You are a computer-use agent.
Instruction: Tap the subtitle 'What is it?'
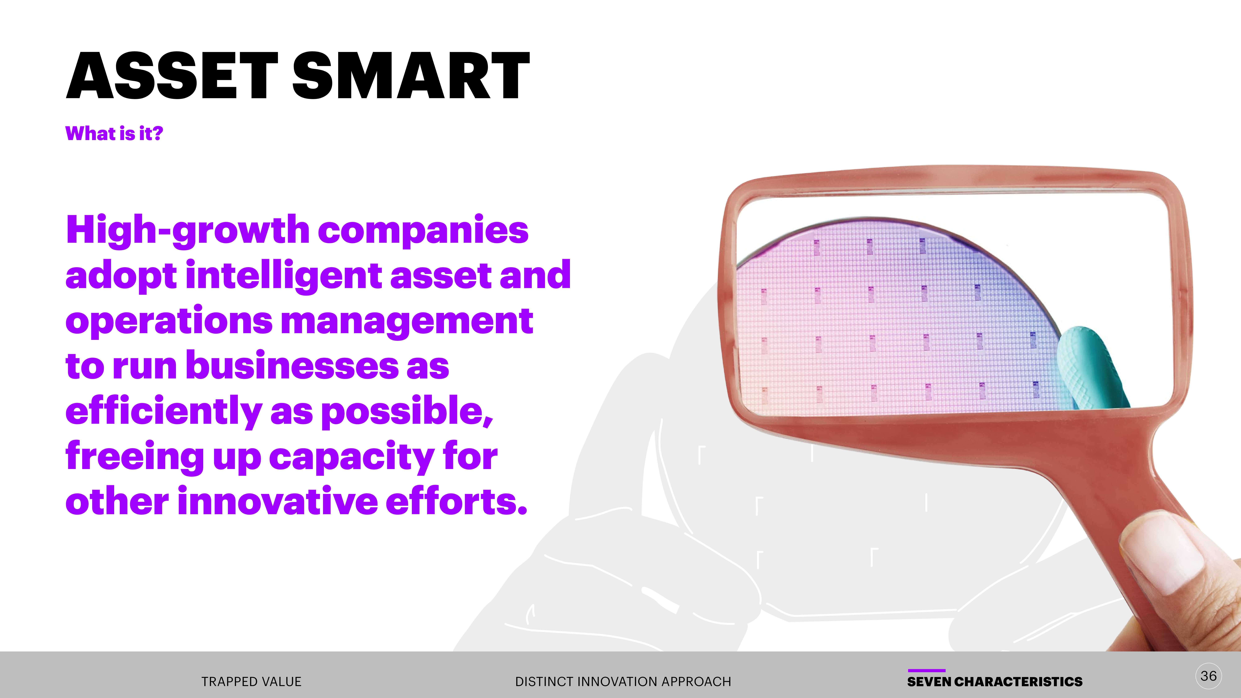pyautogui.click(x=114, y=133)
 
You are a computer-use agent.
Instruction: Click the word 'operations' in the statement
pyautogui.click(x=169, y=321)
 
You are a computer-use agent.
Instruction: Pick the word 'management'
pyautogui.click(x=407, y=321)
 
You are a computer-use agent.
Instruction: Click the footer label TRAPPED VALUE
pyautogui.click(x=251, y=682)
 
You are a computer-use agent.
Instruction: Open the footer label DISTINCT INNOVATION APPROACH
pyautogui.click(x=623, y=682)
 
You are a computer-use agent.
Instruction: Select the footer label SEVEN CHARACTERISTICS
pyautogui.click(x=995, y=682)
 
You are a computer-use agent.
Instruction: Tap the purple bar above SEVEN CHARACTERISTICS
pyautogui.click(x=926, y=670)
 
